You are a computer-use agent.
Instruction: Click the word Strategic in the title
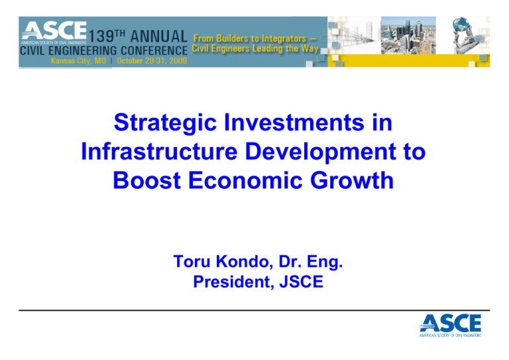pyautogui.click(x=165, y=123)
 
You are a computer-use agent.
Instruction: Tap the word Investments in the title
pyautogui.click(x=294, y=123)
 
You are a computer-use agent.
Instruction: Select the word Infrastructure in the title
pyautogui.click(x=159, y=152)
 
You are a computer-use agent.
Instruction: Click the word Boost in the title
pyautogui.click(x=146, y=180)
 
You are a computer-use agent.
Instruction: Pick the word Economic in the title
pyautogui.click(x=245, y=180)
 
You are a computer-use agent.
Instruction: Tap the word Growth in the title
pyautogui.click(x=352, y=180)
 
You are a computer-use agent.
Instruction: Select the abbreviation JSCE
pyautogui.click(x=302, y=282)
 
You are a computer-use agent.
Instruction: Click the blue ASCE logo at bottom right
pyautogui.click(x=450, y=326)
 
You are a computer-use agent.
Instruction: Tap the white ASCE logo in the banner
pyautogui.click(x=54, y=32)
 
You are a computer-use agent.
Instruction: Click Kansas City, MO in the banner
pyautogui.click(x=78, y=61)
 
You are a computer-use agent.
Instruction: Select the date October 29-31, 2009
pyautogui.click(x=152, y=61)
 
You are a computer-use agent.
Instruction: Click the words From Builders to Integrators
pyautogui.click(x=250, y=38)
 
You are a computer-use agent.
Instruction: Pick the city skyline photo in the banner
pyautogui.click(x=408, y=35)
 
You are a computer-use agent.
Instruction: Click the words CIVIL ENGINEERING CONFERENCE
pyautogui.click(x=103, y=50)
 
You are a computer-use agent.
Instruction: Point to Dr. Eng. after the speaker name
pyautogui.click(x=311, y=262)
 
